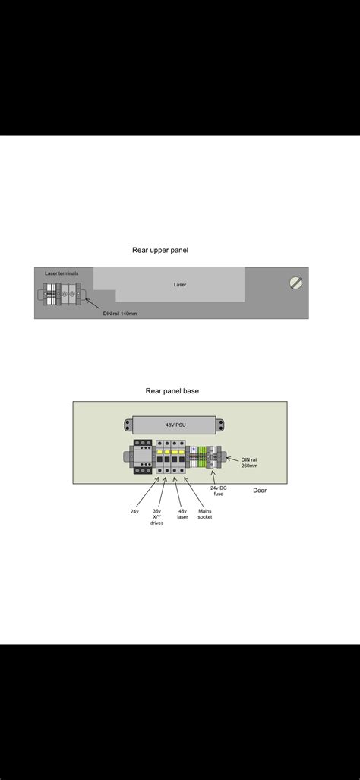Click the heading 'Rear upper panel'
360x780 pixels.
tap(160, 250)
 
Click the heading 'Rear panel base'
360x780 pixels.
tap(172, 391)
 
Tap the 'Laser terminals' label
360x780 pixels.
tap(62, 273)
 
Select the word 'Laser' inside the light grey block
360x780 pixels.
tap(180, 285)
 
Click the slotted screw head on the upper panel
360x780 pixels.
tap(296, 283)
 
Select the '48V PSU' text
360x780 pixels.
tap(176, 426)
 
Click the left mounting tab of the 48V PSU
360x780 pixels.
tap(128, 426)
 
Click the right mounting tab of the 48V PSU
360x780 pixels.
tap(220, 426)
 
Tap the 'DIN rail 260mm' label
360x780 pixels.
tap(249, 463)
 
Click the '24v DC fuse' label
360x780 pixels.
tap(219, 491)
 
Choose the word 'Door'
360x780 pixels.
tap(260, 491)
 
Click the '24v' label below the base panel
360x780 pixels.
tap(134, 511)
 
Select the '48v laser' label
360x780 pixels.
tap(182, 514)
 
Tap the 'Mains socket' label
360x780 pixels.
tap(205, 514)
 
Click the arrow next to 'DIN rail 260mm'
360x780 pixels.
tap(232, 458)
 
